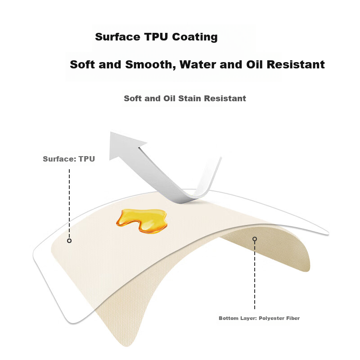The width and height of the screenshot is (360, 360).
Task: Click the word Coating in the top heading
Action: click(195, 37)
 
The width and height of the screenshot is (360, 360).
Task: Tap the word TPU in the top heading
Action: click(156, 37)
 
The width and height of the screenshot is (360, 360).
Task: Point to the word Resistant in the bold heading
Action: click(296, 64)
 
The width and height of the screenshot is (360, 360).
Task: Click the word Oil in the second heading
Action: click(254, 64)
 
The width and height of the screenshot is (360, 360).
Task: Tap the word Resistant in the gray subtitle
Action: click(225, 98)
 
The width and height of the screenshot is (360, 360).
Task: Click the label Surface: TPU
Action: click(69, 159)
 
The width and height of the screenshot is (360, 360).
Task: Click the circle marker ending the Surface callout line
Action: click(69, 241)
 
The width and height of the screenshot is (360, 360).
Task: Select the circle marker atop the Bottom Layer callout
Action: click(255, 239)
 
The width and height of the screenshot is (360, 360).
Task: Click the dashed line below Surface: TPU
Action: click(69, 204)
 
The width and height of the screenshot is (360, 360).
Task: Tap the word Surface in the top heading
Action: click(117, 37)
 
